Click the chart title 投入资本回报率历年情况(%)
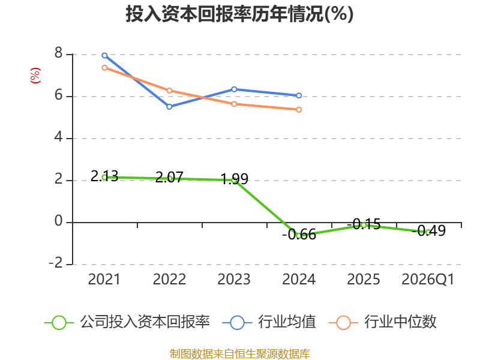coord(239,14)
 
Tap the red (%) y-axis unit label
coord(35,76)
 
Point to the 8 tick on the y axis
coord(58,53)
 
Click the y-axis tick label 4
coord(58,137)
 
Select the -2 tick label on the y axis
coord(56,263)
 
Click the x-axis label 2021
coord(104,279)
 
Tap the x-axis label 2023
coord(234,279)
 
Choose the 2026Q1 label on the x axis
coord(428,279)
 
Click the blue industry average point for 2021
coord(104,55)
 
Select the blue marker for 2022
coord(169,107)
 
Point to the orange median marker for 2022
coord(169,91)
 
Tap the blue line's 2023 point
coord(234,89)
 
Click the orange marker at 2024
coord(299,110)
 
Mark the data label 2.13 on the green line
coord(104,176)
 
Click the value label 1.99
coord(234,179)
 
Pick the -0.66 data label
coord(299,235)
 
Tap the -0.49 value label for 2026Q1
coord(428,230)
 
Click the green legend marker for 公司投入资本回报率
coord(59,323)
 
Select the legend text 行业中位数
coord(400,322)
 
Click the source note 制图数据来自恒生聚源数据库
coord(239,354)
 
